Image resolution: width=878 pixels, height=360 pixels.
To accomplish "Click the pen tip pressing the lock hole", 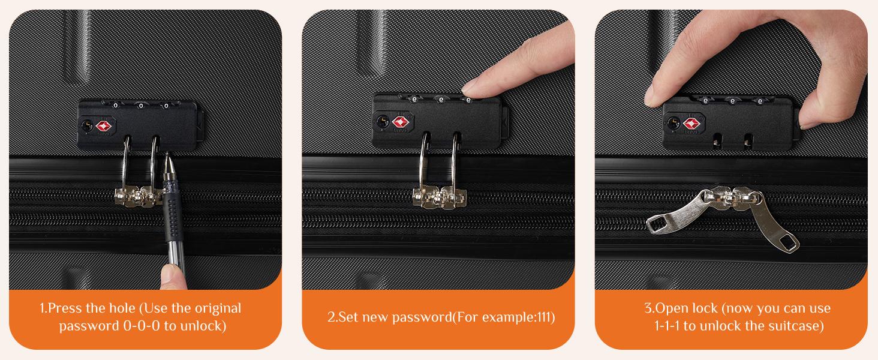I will (x=167, y=160).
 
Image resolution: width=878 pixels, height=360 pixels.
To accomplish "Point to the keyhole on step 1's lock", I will (x=85, y=125).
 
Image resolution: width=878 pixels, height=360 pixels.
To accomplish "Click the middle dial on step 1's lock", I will (x=141, y=106).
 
